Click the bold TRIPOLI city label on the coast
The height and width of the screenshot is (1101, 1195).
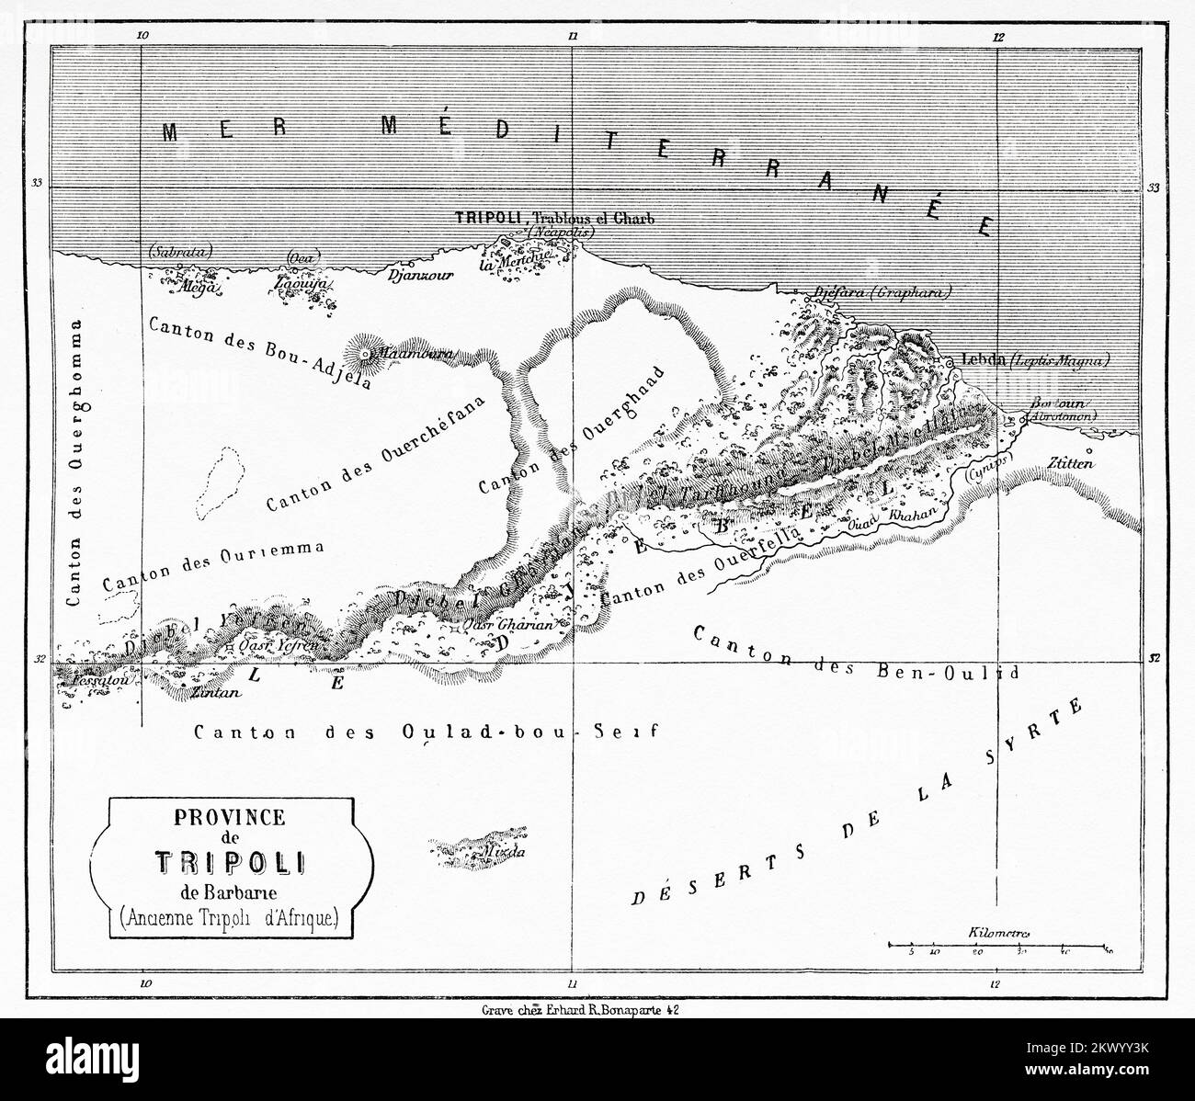(489, 219)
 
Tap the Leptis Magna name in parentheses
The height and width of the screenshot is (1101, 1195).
(1059, 361)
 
